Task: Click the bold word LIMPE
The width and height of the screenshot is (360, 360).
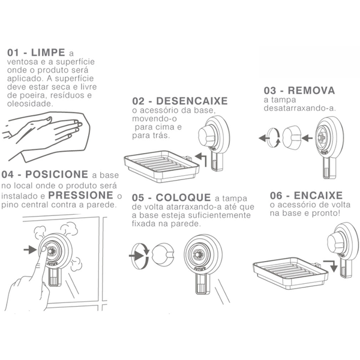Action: (48, 53)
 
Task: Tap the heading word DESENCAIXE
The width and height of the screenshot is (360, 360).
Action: (192, 101)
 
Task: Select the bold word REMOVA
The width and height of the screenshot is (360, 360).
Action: (311, 91)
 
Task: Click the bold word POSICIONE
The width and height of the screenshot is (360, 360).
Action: (57, 175)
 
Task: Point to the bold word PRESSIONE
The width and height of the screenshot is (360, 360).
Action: (81, 196)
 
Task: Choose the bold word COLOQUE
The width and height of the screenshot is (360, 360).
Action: (183, 197)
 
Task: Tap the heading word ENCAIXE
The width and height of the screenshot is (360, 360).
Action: (318, 196)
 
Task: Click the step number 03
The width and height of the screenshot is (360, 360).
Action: (270, 91)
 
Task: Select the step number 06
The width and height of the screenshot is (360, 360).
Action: (276, 196)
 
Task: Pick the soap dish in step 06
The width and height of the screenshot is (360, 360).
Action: (290, 273)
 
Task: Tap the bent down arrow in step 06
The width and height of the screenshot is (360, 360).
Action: (331, 266)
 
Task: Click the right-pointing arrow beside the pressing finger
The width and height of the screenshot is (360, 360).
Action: (30, 250)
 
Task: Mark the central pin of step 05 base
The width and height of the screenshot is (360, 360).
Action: (197, 254)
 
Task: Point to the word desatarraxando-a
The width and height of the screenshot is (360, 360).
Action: (299, 108)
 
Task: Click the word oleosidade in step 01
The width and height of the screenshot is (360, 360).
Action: (30, 104)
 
